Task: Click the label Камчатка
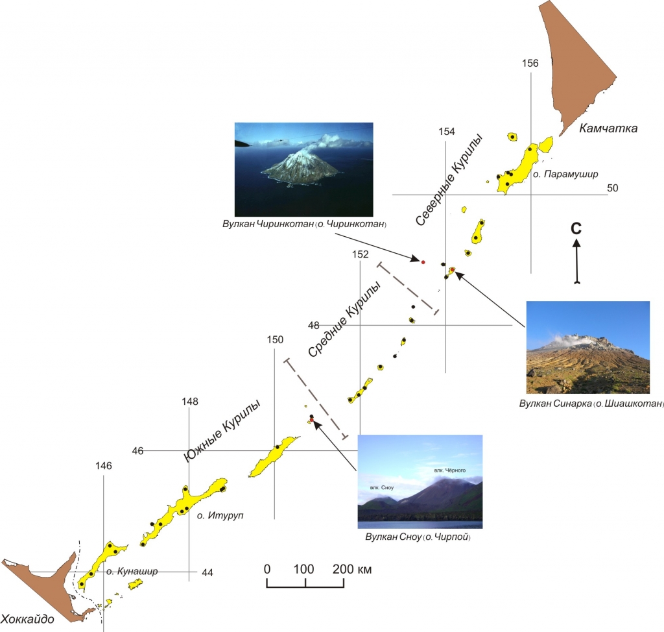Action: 608,128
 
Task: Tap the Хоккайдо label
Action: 27,619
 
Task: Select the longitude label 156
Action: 530,63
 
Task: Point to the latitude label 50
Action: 612,188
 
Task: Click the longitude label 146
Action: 103,466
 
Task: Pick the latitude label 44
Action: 207,573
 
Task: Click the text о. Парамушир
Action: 565,174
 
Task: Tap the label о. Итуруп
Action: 220,516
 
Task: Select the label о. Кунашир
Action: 132,572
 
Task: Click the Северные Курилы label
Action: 449,180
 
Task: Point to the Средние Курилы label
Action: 344,320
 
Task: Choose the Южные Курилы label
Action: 222,430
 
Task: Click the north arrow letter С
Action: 576,228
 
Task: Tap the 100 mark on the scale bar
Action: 303,569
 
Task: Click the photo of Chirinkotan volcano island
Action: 303,169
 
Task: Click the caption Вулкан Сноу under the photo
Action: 394,537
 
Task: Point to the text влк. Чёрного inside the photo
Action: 450,470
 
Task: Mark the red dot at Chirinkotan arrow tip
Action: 423,262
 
